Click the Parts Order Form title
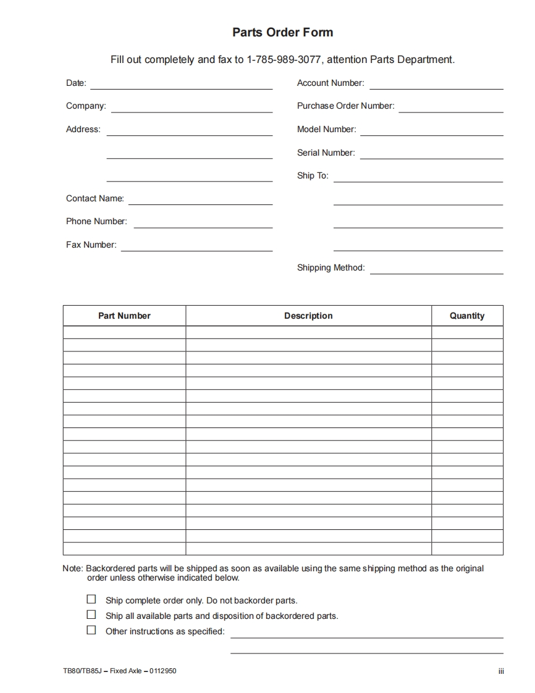(282, 33)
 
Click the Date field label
(76, 83)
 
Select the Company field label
(86, 106)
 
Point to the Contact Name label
(95, 199)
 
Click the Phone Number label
(96, 222)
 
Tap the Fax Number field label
(91, 245)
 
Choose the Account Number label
(331, 83)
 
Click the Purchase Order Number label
(345, 106)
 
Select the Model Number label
(326, 130)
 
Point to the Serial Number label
(326, 153)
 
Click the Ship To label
(313, 176)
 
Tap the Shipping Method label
(331, 268)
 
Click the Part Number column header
(124, 316)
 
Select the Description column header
(308, 316)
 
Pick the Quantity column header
(467, 316)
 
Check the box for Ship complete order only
(91, 599)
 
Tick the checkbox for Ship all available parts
(91, 615)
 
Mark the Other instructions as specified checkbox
(91, 630)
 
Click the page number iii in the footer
(501, 671)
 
